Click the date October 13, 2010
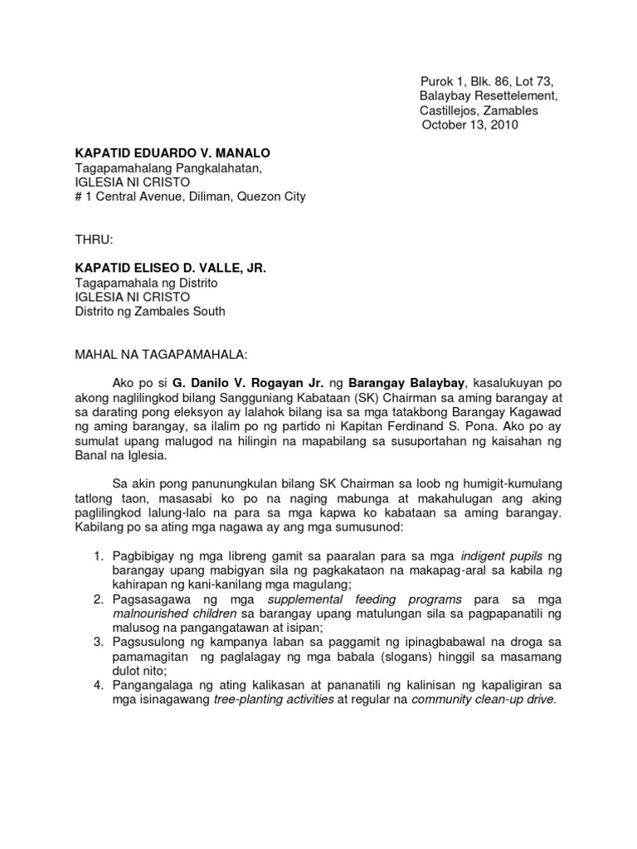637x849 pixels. pyautogui.click(x=470, y=125)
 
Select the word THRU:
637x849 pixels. pyautogui.click(x=94, y=240)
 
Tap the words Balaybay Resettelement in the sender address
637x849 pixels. pyautogui.click(x=489, y=96)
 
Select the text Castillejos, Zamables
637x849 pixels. pyautogui.click(x=479, y=110)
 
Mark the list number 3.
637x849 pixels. pyautogui.click(x=97, y=642)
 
